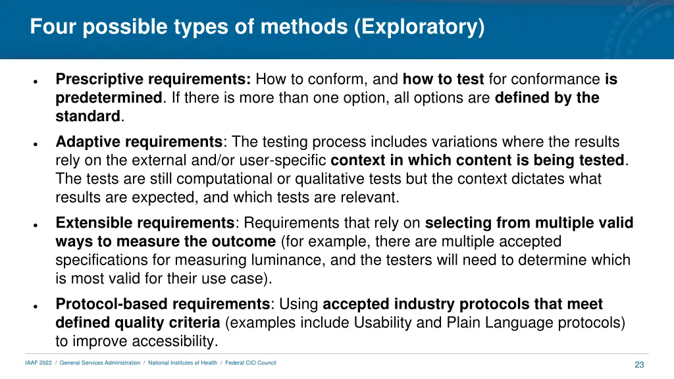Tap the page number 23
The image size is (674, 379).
639,365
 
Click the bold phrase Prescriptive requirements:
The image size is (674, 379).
153,80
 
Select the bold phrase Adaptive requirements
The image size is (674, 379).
139,141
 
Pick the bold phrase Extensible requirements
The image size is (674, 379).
145,223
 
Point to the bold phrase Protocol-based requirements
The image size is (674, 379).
163,304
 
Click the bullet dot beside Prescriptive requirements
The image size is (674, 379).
34,83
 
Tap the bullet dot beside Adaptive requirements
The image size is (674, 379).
34,144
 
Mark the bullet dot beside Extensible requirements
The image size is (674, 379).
34,226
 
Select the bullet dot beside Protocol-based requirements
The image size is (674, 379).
34,307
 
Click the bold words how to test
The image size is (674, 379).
443,80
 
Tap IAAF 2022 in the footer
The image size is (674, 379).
38,363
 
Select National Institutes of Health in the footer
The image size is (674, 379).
182,363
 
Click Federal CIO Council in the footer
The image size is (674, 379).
251,363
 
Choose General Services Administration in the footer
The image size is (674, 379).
100,363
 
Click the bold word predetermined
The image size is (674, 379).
109,98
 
